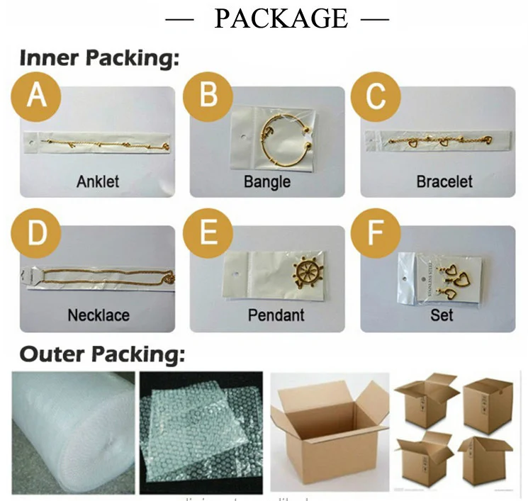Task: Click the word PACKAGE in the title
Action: tap(281, 18)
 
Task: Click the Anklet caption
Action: tap(98, 181)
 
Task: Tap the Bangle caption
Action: tap(267, 181)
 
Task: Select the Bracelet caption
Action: tap(444, 181)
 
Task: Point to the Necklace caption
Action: tap(98, 315)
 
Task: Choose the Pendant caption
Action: tap(276, 315)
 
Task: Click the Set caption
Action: tap(442, 315)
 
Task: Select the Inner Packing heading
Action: tap(99, 60)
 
